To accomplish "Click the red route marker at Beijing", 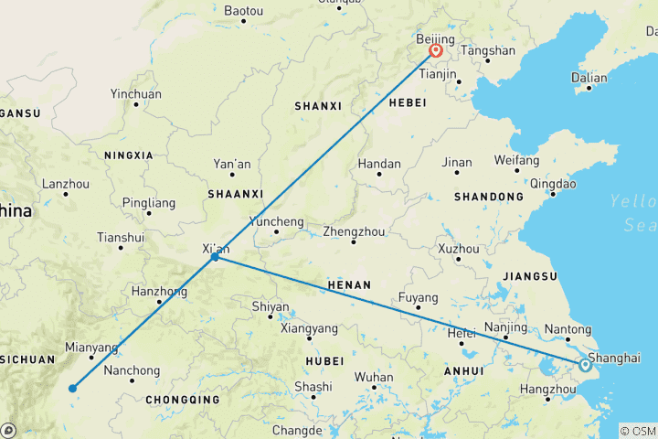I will (436, 51).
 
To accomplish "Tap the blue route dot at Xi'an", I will (215, 257).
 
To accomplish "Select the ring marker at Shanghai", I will (585, 365).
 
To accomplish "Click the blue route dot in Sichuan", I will (72, 388).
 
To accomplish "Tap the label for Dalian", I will (589, 78).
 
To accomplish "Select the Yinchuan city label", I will (135, 94).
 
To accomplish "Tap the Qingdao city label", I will (553, 183).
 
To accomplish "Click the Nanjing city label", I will (505, 327).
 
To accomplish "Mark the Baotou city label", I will (243, 11).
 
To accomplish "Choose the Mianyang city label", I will (91, 348).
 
